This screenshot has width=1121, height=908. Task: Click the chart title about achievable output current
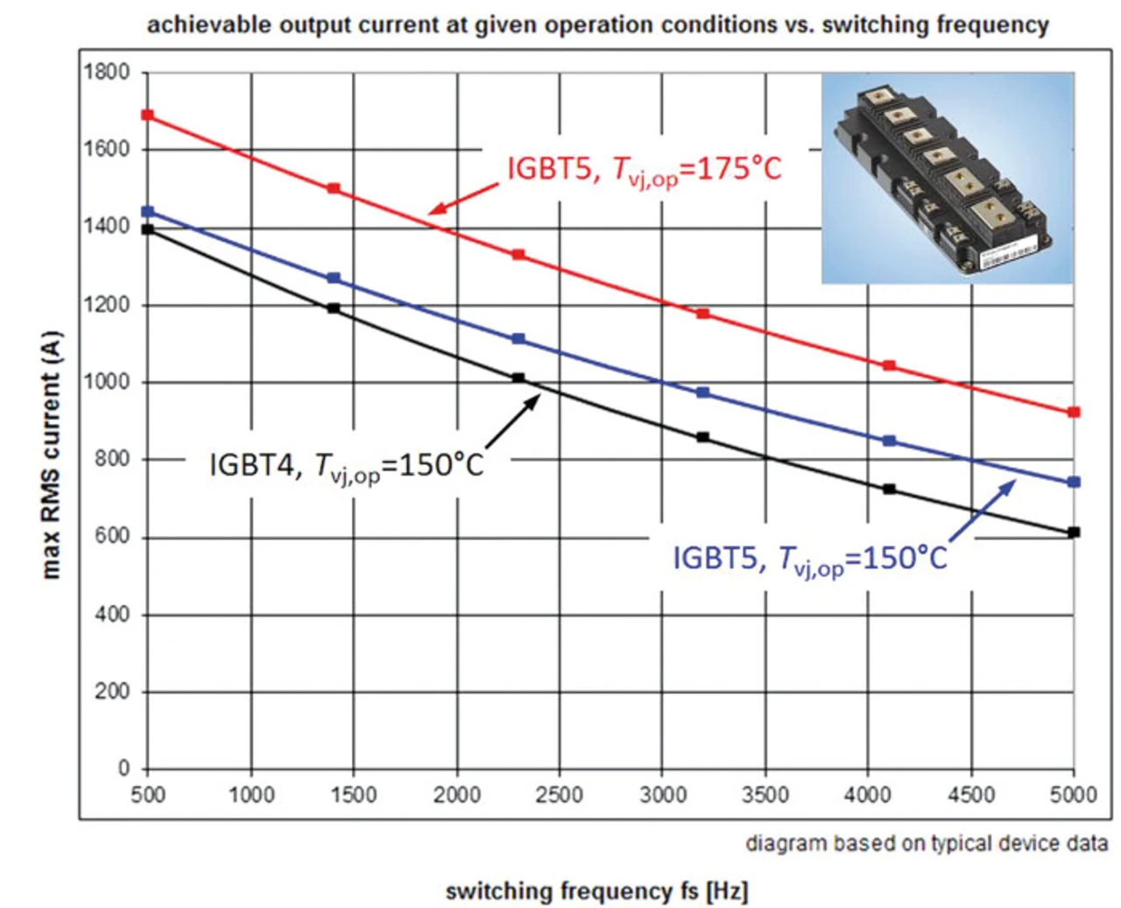(597, 25)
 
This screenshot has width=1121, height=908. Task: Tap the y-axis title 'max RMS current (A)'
(51, 454)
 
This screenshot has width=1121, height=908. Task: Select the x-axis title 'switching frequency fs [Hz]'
(596, 891)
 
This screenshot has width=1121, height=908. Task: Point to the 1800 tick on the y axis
(107, 72)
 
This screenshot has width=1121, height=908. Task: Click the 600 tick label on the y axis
(112, 536)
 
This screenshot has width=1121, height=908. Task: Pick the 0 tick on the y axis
(123, 768)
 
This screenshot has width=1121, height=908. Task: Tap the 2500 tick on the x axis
(559, 795)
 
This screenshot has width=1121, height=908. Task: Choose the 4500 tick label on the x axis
(971, 795)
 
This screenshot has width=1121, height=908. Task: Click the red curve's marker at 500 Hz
(147, 116)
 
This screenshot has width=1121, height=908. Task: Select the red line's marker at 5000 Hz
(1075, 412)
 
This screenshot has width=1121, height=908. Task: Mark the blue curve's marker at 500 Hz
(147, 212)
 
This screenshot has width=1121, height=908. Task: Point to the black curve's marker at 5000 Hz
(1075, 532)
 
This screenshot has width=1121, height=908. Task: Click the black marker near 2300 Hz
(518, 378)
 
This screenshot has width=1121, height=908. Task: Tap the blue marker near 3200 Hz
(703, 393)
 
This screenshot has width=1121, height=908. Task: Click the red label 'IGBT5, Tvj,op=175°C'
(644, 169)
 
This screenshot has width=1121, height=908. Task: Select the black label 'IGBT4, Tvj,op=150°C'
(346, 465)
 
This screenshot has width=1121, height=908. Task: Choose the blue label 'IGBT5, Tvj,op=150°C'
(810, 559)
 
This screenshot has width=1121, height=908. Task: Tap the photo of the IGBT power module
(947, 179)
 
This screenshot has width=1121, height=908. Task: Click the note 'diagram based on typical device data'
(927, 843)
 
